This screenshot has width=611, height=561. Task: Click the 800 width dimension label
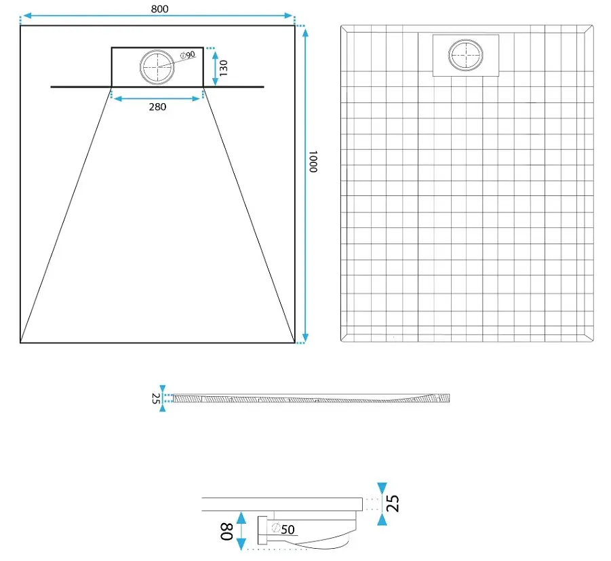click(160, 9)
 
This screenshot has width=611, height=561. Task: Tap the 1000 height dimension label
click(313, 161)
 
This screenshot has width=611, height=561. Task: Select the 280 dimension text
click(157, 107)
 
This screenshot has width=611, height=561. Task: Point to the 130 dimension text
click(223, 68)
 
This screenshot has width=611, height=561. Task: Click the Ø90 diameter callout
click(188, 55)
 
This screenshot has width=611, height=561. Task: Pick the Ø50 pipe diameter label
click(283, 529)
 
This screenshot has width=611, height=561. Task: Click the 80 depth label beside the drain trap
click(226, 531)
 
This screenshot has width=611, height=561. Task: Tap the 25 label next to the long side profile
click(155, 398)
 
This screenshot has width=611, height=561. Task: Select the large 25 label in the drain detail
click(393, 503)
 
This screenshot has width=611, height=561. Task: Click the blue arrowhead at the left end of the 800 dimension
click(27, 16)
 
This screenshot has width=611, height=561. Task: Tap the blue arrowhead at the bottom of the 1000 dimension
click(305, 338)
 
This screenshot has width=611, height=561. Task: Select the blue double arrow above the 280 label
click(157, 98)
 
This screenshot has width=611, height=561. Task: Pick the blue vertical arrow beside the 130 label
click(215, 69)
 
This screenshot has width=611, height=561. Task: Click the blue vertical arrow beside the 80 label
click(241, 531)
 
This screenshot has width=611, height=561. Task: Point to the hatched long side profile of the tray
click(311, 398)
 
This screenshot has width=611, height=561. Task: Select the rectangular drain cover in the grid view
click(466, 56)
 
